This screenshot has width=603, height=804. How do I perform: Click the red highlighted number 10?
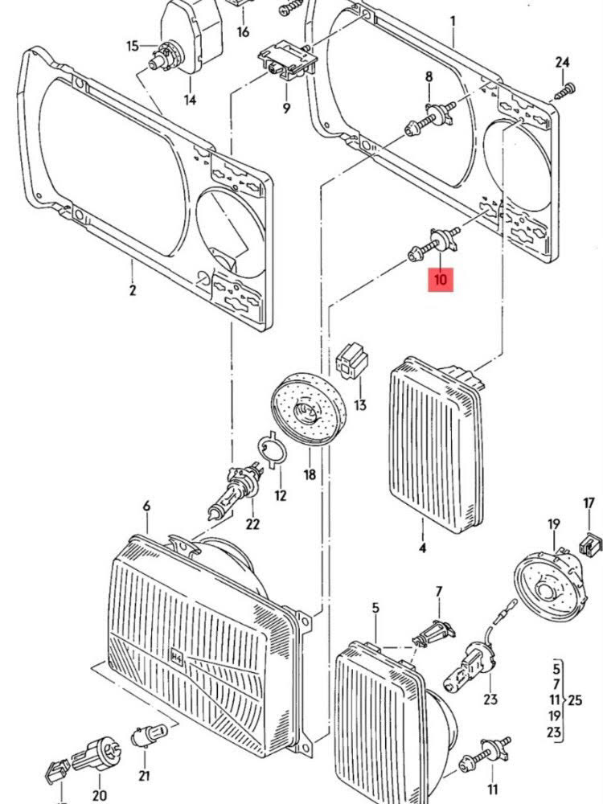click(x=441, y=280)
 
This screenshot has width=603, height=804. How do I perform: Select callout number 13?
click(x=359, y=404)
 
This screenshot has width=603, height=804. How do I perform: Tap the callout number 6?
click(x=146, y=507)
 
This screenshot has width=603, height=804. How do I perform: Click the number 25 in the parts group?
click(x=574, y=699)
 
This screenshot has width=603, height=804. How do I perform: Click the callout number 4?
click(x=422, y=550)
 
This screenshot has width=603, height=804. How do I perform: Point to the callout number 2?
click(x=132, y=290)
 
